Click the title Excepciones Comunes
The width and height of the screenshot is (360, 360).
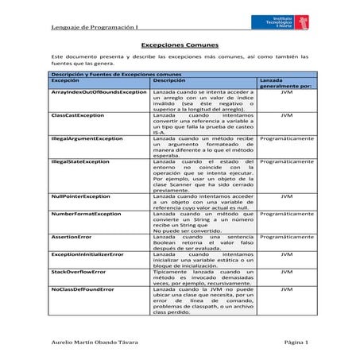tap(180, 46)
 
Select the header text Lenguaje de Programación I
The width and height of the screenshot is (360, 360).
tap(85, 29)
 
